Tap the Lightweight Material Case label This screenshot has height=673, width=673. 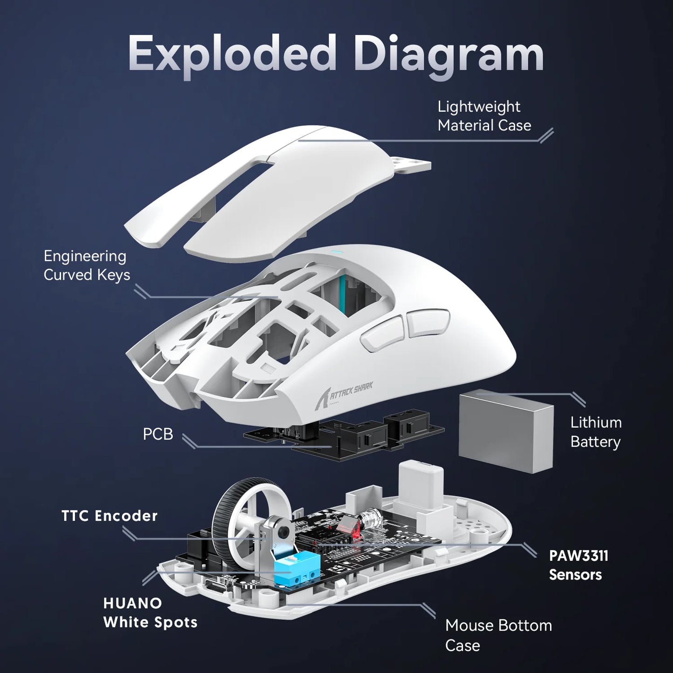(x=484, y=116)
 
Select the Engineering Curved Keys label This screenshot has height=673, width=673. (x=87, y=265)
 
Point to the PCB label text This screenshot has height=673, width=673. (x=158, y=434)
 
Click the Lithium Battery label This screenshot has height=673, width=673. (x=596, y=432)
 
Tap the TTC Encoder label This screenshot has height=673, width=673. (x=109, y=516)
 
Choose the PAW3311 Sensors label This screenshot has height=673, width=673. (x=578, y=565)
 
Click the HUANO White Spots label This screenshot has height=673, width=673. (x=150, y=612)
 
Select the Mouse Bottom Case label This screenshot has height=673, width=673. (x=498, y=635)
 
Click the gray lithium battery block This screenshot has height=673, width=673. (x=507, y=428)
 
